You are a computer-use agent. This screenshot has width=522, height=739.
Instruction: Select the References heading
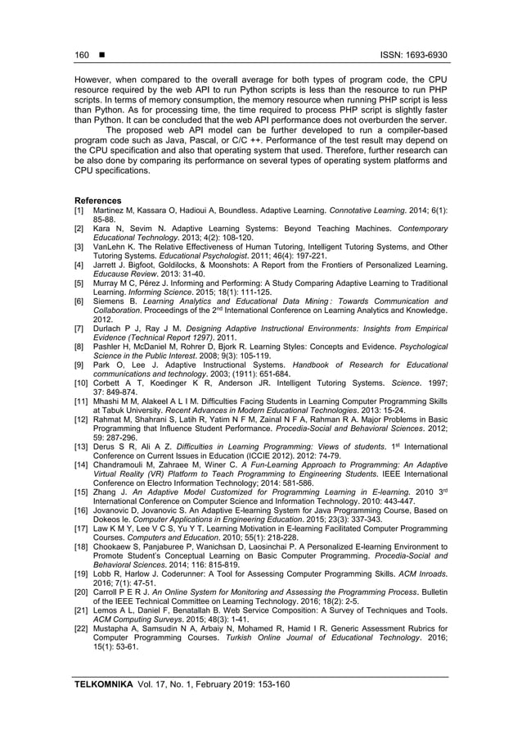click(x=98, y=201)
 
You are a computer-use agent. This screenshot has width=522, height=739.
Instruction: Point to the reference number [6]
click(x=81, y=301)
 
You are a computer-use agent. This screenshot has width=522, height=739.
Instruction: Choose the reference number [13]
click(x=83, y=447)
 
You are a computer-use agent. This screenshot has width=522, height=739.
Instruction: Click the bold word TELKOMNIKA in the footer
click(x=103, y=684)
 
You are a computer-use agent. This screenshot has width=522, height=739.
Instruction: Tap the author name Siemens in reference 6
click(x=112, y=301)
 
